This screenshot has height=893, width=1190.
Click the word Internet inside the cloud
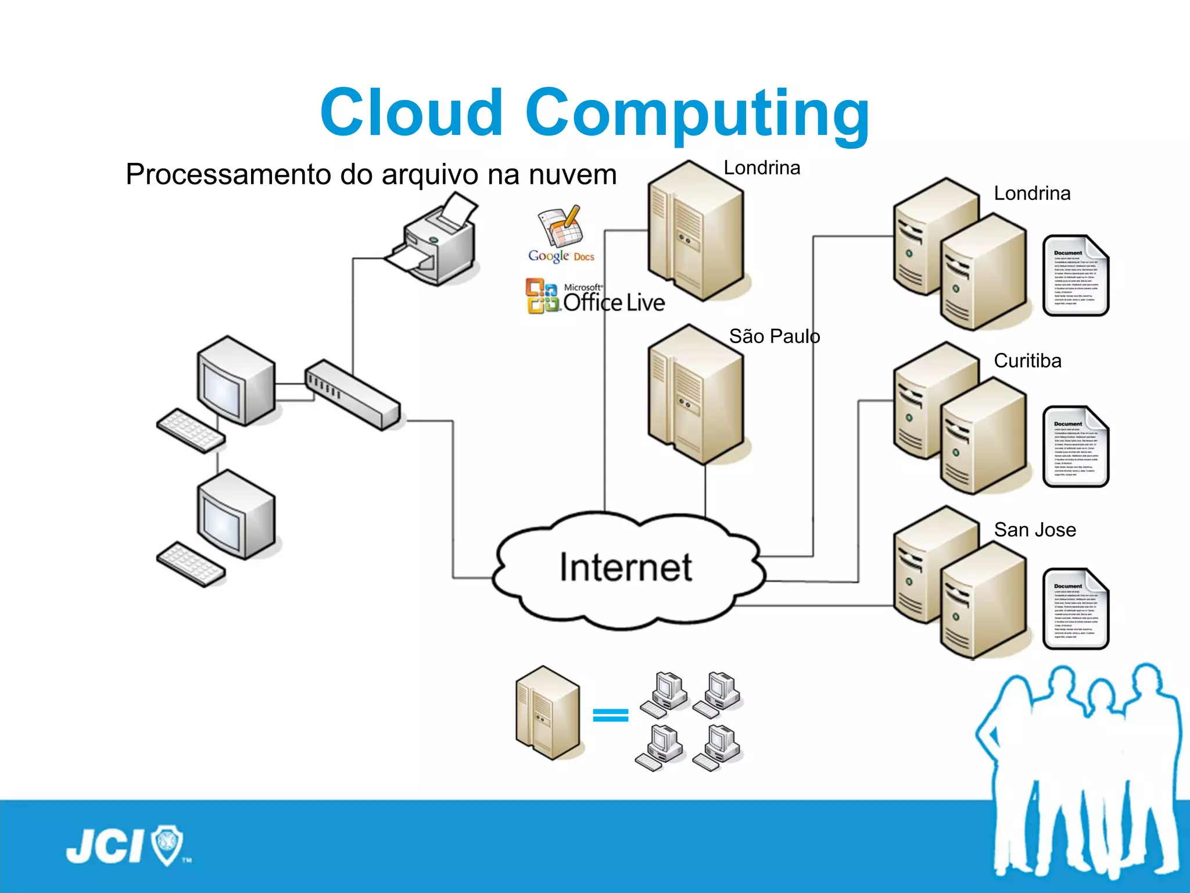click(x=626, y=567)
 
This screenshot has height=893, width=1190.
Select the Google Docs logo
click(x=561, y=235)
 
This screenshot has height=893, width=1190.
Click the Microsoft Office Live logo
click(x=595, y=297)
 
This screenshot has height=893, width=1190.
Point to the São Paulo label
click(x=774, y=337)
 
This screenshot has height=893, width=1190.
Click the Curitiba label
click(x=1027, y=361)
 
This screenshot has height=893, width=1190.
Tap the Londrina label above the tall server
click(x=762, y=168)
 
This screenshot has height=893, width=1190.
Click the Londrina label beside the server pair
click(x=1032, y=194)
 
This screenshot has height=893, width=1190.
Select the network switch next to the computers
click(x=352, y=395)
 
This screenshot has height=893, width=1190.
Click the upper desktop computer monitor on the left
click(x=235, y=381)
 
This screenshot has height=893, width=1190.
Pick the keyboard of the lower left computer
click(x=191, y=565)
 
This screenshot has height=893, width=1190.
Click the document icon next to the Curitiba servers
click(x=1076, y=446)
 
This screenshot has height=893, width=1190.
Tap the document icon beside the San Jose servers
click(x=1076, y=609)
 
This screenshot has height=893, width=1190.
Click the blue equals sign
click(x=611, y=715)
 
